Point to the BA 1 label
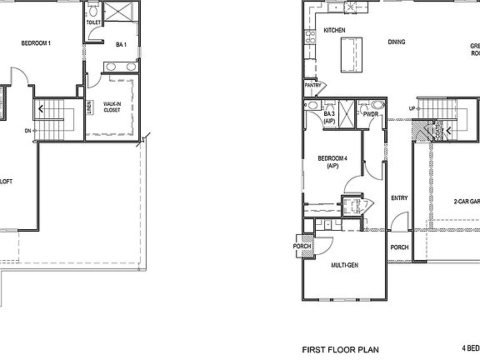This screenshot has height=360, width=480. (x=121, y=44)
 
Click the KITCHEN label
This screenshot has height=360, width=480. (x=334, y=30)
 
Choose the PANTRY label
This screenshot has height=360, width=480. (x=313, y=85)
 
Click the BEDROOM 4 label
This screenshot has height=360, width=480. (x=332, y=161)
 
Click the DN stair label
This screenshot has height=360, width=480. (x=27, y=131)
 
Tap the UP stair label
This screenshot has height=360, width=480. (x=412, y=109)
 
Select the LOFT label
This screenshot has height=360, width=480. (x=5, y=181)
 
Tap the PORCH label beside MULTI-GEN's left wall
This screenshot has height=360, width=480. (x=302, y=247)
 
